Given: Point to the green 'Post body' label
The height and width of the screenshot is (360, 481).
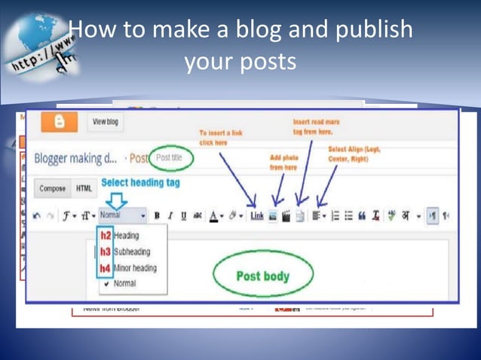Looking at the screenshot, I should pyautogui.click(x=263, y=276).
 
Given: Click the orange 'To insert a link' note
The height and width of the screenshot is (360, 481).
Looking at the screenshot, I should pyautogui.click(x=220, y=136).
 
